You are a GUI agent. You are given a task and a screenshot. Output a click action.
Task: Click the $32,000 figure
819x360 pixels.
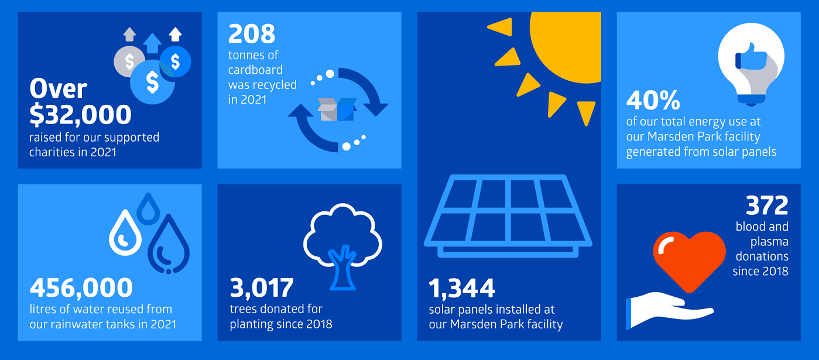pos(80,115)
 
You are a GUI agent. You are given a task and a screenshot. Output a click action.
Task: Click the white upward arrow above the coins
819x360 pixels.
pos(176,34)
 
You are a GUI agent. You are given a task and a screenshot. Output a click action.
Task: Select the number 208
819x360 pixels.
pos(252,33)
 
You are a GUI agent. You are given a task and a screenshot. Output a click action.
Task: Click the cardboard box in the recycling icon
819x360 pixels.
pos(337,109)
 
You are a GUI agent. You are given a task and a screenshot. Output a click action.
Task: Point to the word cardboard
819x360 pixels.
pos(255,70)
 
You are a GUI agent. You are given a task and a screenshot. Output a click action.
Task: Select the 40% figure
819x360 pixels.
pos(653,100)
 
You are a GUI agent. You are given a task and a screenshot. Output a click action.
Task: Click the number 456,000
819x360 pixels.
pos(81,287)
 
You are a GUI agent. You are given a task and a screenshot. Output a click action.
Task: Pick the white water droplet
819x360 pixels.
pos(125,232)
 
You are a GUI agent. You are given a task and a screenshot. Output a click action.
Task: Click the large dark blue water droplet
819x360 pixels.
pos(169,244)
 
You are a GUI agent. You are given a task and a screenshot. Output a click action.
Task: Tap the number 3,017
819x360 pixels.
pos(262,287)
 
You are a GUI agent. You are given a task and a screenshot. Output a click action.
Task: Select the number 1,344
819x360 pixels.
pos(462,288)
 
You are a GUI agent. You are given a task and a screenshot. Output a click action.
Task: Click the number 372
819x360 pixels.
pos(767,205)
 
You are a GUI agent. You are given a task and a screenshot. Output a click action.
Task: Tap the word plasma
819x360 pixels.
pos(769,242)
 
